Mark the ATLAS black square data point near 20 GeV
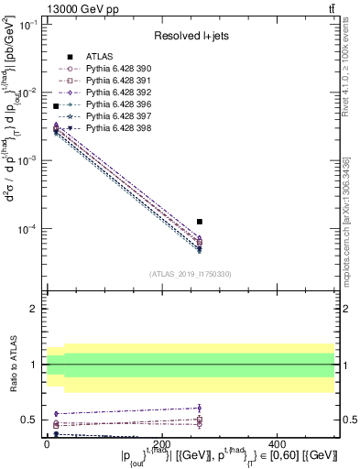tap(56, 107)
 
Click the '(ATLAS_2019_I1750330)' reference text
tap(191, 273)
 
